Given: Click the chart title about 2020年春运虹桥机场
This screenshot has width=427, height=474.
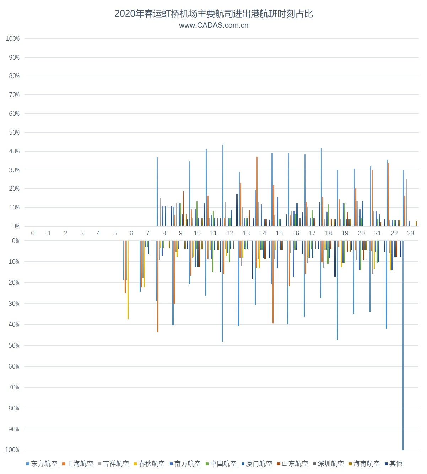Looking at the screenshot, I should [213, 14].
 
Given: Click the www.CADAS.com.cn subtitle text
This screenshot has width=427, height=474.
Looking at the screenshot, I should [213, 25].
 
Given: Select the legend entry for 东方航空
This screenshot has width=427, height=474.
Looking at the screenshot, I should [42, 463].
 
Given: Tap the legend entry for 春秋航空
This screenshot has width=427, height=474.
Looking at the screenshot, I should [149, 463].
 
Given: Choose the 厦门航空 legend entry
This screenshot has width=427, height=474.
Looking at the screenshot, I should [256, 463].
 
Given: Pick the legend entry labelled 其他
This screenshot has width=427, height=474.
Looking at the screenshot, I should [394, 463].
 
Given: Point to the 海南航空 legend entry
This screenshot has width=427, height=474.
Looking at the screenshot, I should [364, 463].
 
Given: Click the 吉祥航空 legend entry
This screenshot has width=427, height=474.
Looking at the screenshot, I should [113, 463].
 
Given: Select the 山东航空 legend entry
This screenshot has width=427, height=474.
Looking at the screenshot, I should [292, 463].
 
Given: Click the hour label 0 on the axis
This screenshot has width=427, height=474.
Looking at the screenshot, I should [33, 233].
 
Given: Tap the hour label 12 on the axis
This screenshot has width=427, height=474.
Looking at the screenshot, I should [230, 233].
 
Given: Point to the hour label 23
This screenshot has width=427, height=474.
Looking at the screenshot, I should [410, 233].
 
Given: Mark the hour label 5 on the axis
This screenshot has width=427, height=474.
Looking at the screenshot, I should [115, 233].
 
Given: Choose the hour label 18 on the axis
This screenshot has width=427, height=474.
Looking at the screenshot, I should [328, 233].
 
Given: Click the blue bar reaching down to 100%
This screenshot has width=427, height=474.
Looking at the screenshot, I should [403, 355].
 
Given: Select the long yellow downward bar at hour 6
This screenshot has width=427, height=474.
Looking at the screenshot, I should [128, 280].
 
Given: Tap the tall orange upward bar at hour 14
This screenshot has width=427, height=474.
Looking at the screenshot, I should [257, 192].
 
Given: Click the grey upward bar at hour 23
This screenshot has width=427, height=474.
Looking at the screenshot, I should [406, 202].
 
